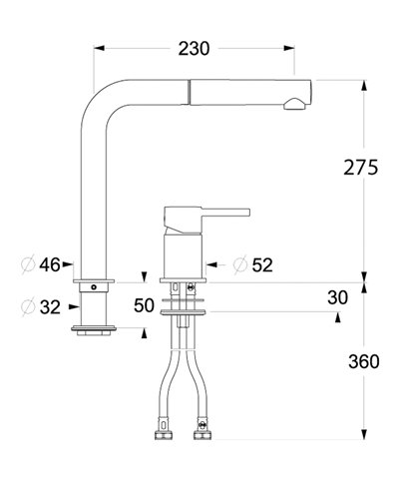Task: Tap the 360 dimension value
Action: point(358,361)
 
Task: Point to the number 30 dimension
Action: point(338,297)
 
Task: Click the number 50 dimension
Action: point(145,304)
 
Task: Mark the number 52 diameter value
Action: point(263,265)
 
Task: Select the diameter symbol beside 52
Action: point(239,265)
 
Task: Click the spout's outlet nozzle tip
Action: point(295,103)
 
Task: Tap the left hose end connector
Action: point(161,435)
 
